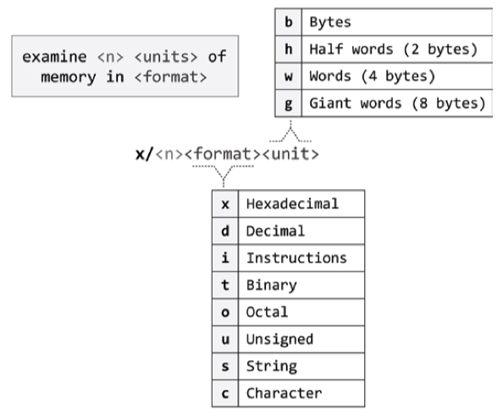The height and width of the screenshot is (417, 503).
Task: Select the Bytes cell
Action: coord(397,22)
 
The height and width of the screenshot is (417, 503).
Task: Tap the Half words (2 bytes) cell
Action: coord(397,49)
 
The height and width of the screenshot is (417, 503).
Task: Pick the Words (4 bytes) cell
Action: coord(397,76)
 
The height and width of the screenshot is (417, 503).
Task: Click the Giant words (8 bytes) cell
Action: coord(397,103)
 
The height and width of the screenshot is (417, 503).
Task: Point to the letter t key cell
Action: coord(225,285)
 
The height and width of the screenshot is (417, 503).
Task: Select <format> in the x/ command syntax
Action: coord(223,155)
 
